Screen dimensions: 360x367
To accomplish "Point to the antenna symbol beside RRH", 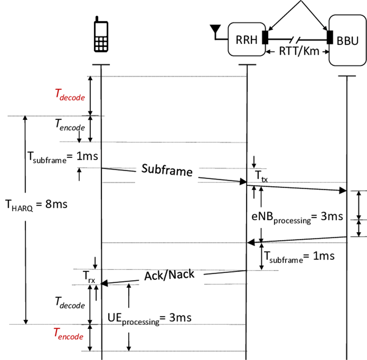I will tap(215, 30).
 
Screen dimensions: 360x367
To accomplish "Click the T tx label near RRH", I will tap(261, 176).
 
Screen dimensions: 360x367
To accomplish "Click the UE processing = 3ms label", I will tap(149, 318).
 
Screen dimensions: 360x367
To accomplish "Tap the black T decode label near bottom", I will tap(69, 303).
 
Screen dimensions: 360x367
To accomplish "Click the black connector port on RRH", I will tap(265, 37).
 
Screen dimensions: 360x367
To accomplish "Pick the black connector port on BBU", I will tap(330, 37).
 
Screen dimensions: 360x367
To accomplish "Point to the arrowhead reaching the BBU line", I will tap(343, 190).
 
